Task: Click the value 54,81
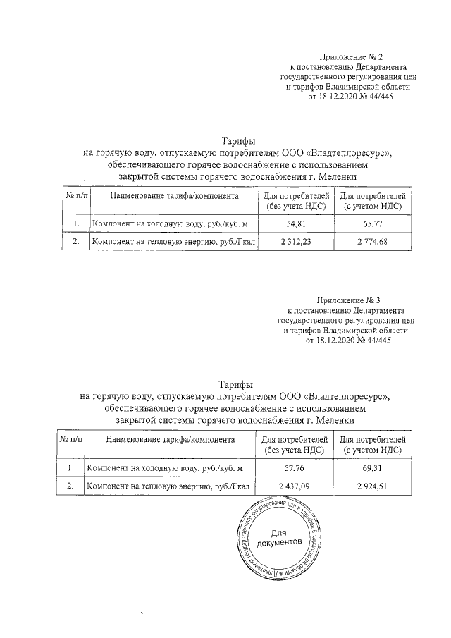coord(295,223)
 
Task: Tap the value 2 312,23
coord(295,243)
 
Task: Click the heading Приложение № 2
coord(350,56)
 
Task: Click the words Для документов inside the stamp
coord(279,536)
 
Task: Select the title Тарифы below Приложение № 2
coord(239,141)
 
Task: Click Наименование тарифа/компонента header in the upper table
coord(173,195)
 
